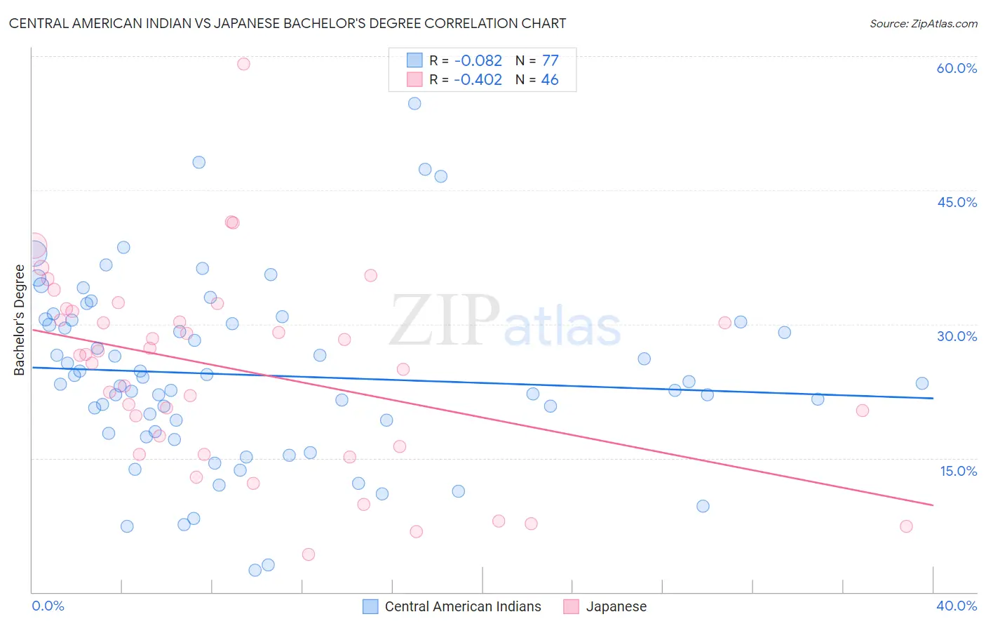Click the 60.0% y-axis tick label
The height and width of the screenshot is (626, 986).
point(957,68)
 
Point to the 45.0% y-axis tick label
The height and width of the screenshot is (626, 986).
point(957,202)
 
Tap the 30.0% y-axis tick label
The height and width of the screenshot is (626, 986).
point(957,336)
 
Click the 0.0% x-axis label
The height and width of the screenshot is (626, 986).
point(48,606)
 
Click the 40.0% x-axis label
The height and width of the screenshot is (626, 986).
point(957,606)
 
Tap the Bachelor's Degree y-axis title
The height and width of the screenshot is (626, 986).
point(20,320)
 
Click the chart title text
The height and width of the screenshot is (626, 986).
point(288,23)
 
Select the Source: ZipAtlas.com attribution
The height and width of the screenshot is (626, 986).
point(923,23)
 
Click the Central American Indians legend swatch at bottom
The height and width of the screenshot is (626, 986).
point(370,606)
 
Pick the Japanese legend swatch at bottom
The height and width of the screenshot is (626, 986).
point(572,606)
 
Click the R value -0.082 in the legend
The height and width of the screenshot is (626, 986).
point(478,61)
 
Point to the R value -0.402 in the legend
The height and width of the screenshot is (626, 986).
point(478,80)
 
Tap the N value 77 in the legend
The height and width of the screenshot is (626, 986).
point(550,61)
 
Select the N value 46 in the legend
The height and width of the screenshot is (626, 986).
point(550,80)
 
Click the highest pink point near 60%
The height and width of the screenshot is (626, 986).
point(243,64)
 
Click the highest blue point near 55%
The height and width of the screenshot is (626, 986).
point(414,103)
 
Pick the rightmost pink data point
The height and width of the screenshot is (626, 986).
point(906,526)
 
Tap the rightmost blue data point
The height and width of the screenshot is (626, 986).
point(922,383)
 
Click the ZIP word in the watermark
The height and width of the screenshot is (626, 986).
point(445,321)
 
